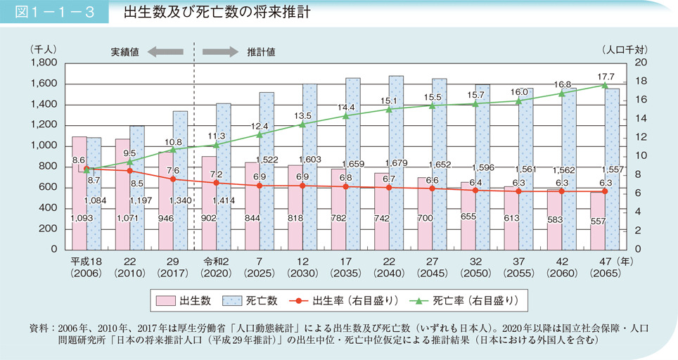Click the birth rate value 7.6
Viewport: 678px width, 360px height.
point(174,170)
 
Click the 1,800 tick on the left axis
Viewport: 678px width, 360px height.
point(44,63)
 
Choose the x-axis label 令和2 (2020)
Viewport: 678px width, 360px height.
point(216,267)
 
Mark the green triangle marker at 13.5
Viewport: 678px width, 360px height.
point(302,124)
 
